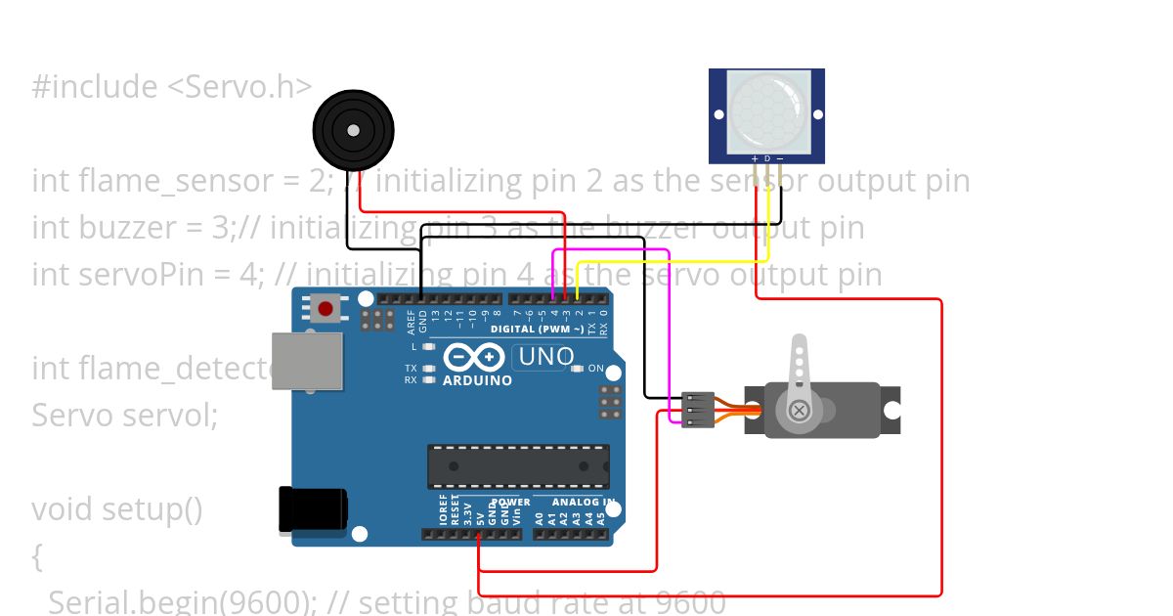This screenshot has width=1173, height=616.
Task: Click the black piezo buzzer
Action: coord(353,130)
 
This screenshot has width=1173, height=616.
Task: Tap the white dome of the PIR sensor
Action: coord(767,112)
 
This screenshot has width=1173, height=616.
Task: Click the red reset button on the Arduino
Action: coord(326,308)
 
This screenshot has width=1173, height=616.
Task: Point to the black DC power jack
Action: coord(313,510)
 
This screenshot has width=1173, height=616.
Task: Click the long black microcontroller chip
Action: coord(518,466)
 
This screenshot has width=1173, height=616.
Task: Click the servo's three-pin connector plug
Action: coord(697,409)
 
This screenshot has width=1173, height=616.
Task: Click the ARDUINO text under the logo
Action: coord(477,380)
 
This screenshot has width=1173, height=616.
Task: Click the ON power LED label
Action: coord(595,369)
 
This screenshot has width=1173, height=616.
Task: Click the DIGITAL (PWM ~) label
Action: coord(537,330)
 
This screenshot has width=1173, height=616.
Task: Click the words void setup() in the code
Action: coord(117,509)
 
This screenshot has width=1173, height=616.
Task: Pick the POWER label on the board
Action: coord(510,503)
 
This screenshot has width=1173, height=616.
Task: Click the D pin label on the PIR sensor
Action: coord(767,157)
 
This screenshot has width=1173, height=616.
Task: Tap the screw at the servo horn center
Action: coord(800,410)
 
